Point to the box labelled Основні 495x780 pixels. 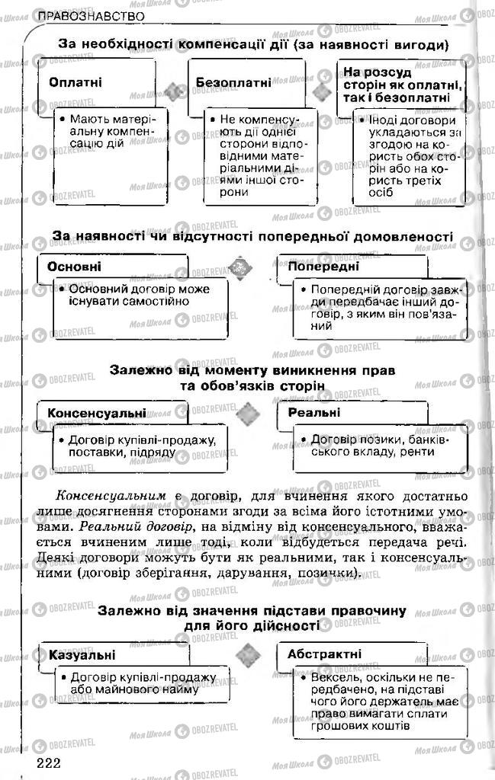click(75, 267)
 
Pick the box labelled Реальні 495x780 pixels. click(314, 413)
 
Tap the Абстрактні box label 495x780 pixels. click(325, 654)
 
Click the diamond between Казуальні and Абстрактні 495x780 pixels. click(246, 654)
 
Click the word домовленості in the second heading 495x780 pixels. click(407, 237)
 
